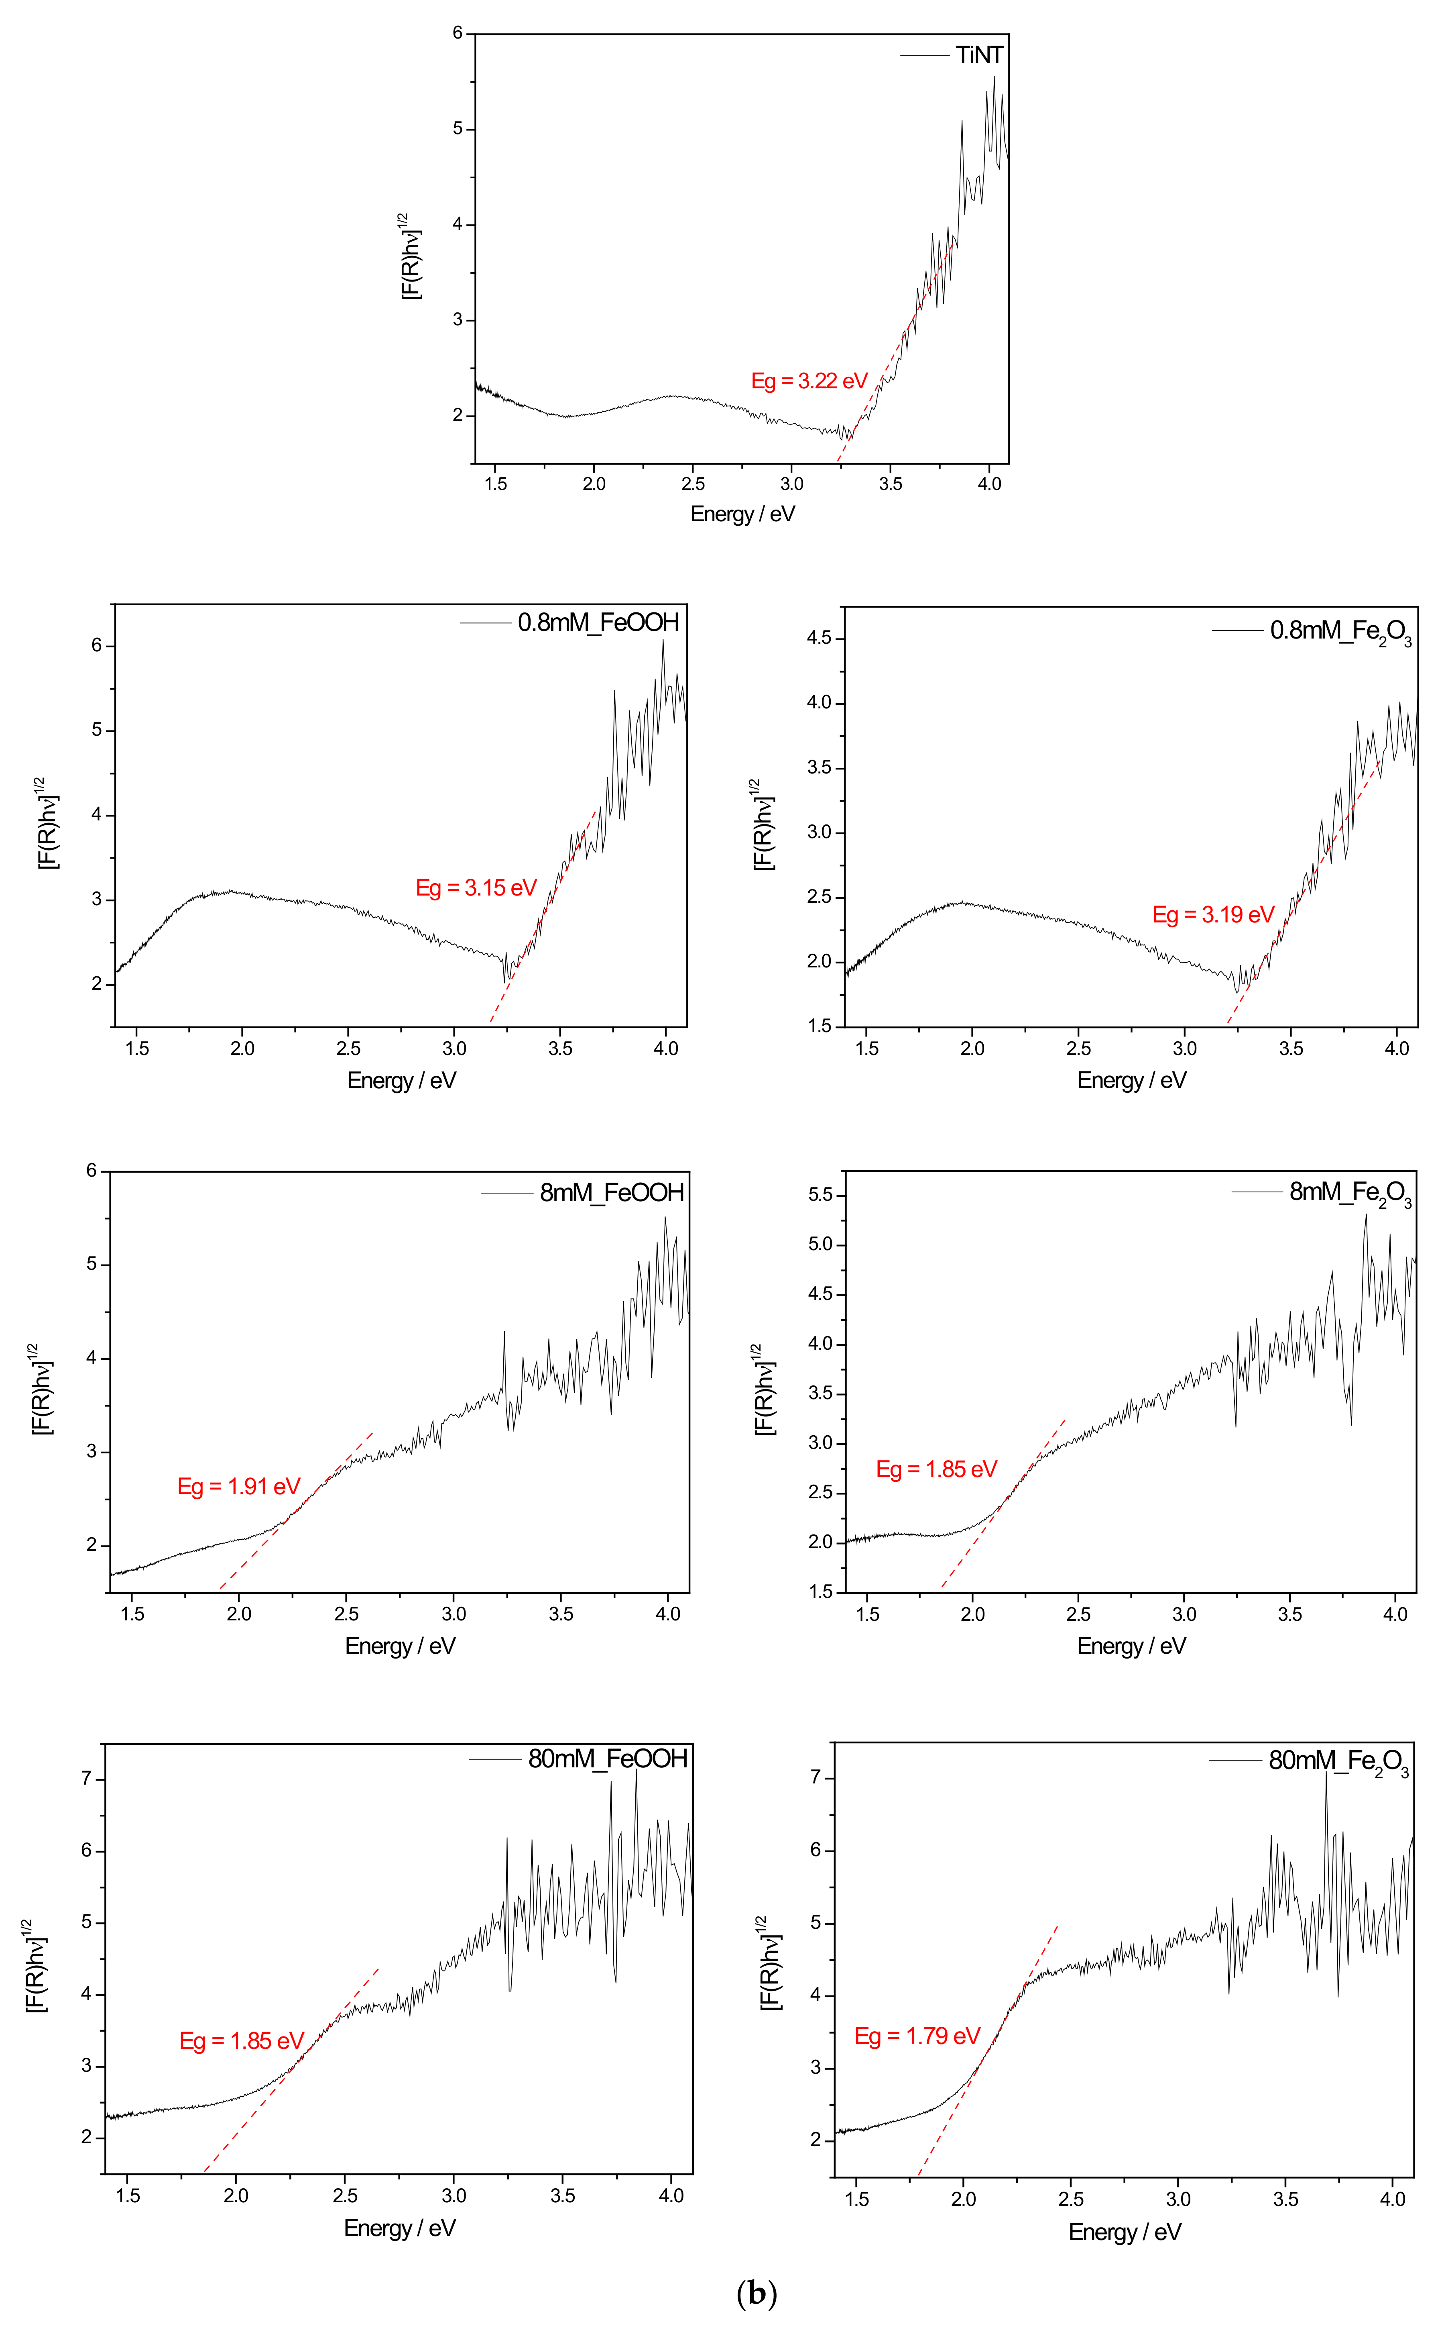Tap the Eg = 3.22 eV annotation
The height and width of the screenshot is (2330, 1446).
click(809, 381)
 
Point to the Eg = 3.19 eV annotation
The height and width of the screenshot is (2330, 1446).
click(1213, 915)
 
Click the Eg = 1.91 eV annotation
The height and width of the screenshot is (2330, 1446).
click(238, 1486)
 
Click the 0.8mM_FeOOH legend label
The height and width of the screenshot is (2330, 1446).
click(598, 623)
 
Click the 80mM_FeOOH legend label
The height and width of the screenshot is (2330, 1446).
click(607, 1759)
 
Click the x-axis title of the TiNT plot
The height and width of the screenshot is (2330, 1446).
click(742, 514)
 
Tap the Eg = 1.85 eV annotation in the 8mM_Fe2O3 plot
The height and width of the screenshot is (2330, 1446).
click(936, 1469)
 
